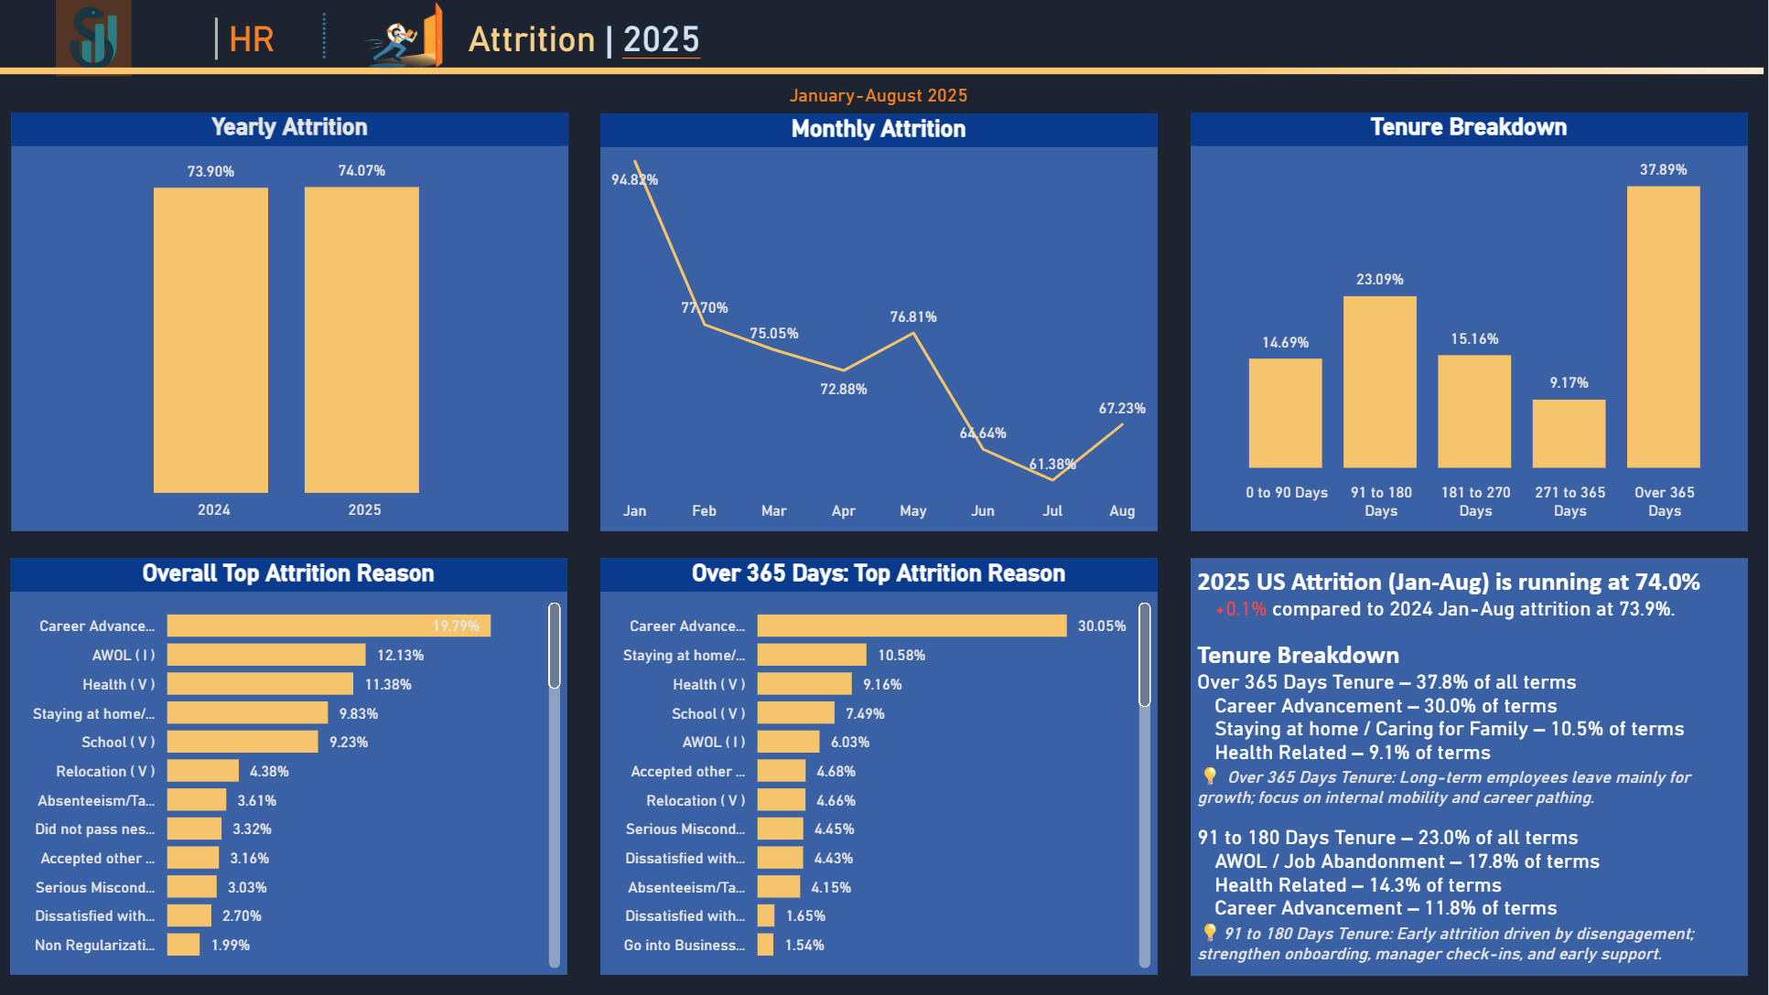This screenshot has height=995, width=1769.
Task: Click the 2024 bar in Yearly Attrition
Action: coord(210,340)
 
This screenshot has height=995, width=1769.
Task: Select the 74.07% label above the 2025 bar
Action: coord(361,171)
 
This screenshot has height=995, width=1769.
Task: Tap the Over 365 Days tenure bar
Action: coord(1663,326)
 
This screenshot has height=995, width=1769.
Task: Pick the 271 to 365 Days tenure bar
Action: coord(1569,433)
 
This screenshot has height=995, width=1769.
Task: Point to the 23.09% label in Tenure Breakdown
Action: coord(1379,280)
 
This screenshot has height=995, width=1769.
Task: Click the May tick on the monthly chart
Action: coord(912,511)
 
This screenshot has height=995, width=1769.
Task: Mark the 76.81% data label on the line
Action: coord(913,317)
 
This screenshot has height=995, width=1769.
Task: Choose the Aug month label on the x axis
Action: coord(1122,511)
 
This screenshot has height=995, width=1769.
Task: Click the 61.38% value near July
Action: coord(1052,465)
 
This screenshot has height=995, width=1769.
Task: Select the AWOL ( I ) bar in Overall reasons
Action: coord(266,655)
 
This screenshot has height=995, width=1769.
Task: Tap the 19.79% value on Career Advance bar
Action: coord(456,626)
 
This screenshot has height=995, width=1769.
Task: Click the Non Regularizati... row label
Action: coord(95,946)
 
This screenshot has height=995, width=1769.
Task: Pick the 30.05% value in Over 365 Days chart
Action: coord(1102,626)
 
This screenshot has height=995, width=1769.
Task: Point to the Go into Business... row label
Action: coord(685,946)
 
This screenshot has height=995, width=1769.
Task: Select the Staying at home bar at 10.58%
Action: coord(812,655)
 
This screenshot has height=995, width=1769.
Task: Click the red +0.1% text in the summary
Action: coord(1241,610)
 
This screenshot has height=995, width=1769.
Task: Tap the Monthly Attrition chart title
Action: coord(879,129)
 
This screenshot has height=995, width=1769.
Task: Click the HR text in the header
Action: coord(251,39)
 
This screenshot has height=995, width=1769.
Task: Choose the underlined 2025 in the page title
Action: coord(661,39)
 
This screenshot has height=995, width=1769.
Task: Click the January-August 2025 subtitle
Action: coord(879,96)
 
